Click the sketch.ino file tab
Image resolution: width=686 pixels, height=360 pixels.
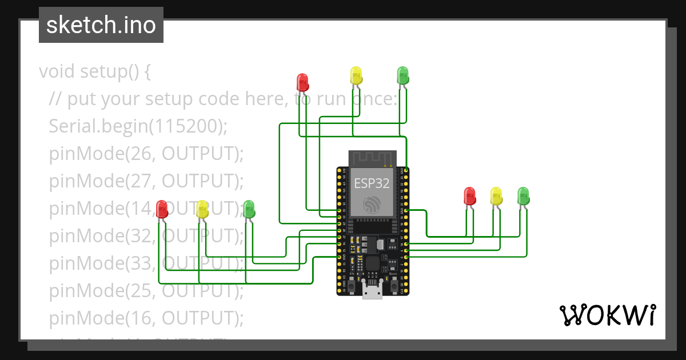(x=101, y=25)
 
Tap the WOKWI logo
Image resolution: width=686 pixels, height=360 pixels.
(x=607, y=315)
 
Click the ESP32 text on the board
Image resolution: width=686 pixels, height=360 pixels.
(x=372, y=183)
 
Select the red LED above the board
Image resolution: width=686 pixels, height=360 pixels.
(x=303, y=82)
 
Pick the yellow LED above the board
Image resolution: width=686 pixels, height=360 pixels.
(x=356, y=75)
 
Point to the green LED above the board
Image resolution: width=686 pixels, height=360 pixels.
(x=403, y=75)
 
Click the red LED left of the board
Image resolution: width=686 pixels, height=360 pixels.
(x=162, y=209)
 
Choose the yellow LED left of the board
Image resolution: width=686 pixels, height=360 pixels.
(x=202, y=209)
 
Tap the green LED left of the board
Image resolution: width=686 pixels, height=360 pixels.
(x=249, y=209)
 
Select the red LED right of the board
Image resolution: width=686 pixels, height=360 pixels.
(x=470, y=196)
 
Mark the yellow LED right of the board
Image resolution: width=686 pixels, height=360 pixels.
(x=496, y=196)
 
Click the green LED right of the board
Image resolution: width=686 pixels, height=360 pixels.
(x=523, y=196)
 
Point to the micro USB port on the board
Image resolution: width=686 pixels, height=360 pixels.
(x=372, y=293)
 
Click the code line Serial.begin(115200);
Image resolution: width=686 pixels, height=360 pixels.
(x=138, y=126)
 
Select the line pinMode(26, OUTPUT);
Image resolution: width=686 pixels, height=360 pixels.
(x=146, y=153)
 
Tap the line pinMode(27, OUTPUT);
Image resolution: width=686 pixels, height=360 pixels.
(x=146, y=181)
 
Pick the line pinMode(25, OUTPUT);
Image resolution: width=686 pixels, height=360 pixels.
(x=146, y=290)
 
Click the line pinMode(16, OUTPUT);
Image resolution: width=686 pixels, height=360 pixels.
(x=146, y=318)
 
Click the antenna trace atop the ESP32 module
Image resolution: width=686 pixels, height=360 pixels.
(x=372, y=159)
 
